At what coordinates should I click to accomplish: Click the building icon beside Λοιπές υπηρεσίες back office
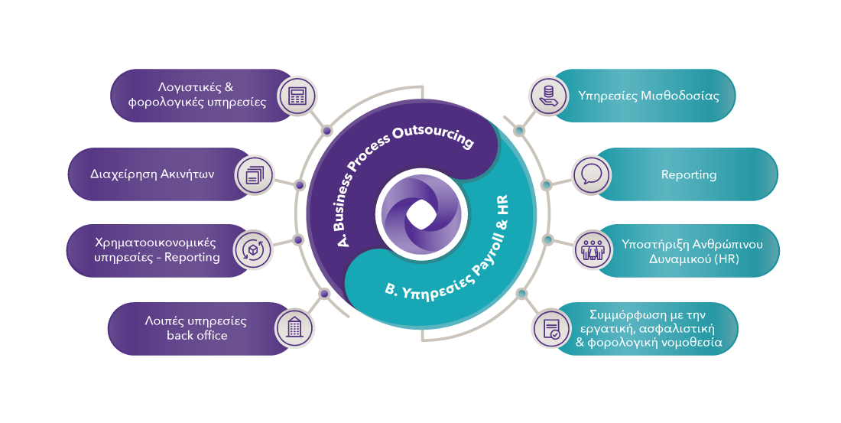pyautogui.click(x=294, y=327)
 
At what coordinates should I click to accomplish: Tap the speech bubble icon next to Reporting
pyautogui.click(x=591, y=174)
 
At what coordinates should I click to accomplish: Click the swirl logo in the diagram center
pyautogui.click(x=418, y=212)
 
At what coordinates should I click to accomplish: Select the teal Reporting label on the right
pyautogui.click(x=689, y=174)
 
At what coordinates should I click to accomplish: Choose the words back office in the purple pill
pyautogui.click(x=197, y=335)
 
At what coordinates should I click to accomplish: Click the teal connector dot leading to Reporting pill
pyautogui.click(x=546, y=185)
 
